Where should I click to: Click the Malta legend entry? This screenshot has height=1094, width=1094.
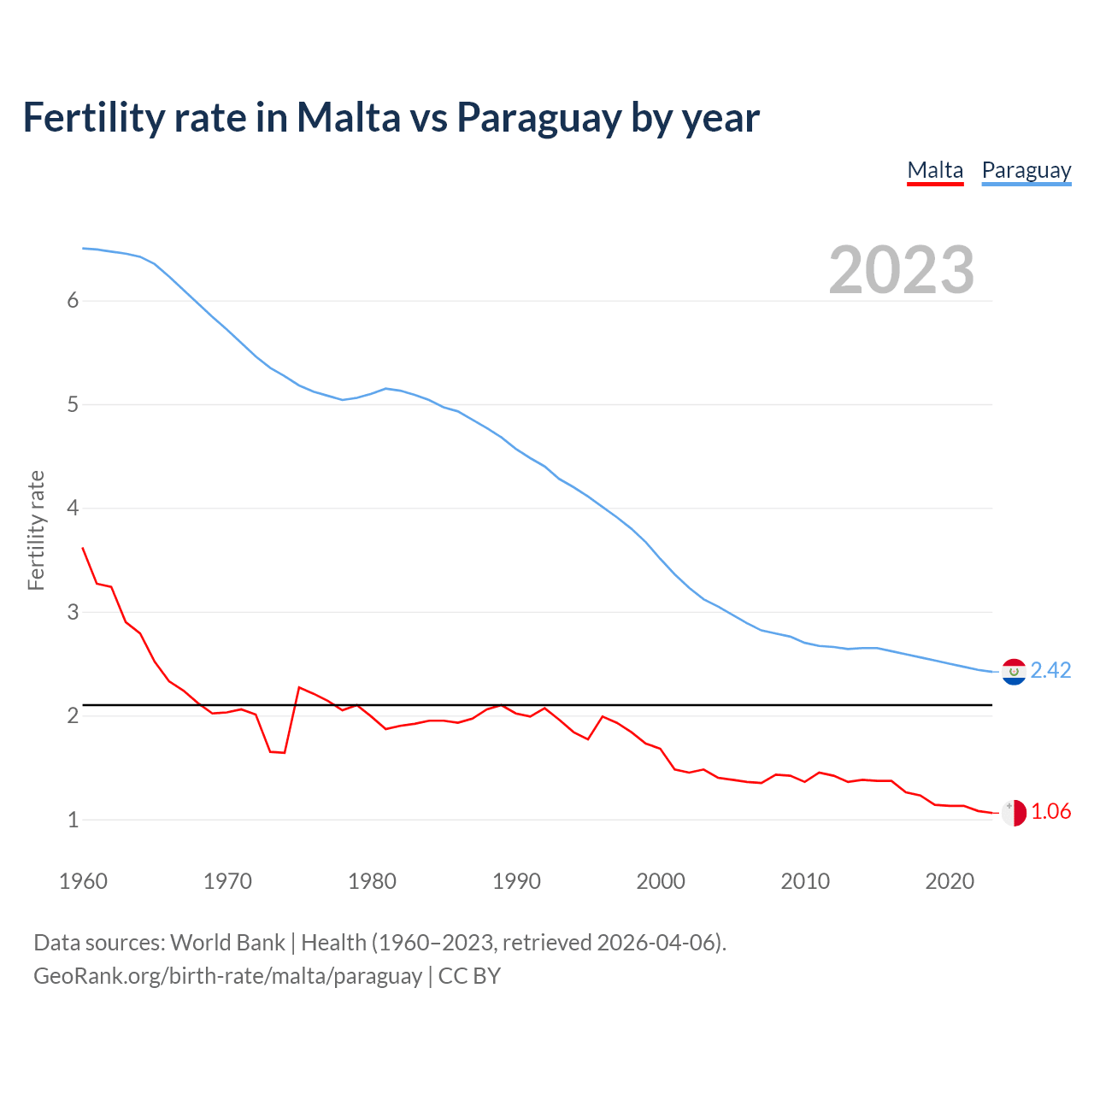pyautogui.click(x=935, y=170)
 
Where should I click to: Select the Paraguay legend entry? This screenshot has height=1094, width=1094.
pyautogui.click(x=1026, y=170)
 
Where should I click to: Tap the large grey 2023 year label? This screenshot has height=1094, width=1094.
pyautogui.click(x=901, y=270)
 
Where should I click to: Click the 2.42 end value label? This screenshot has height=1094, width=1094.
pyautogui.click(x=1050, y=670)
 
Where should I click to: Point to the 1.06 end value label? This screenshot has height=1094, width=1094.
pyautogui.click(x=1050, y=811)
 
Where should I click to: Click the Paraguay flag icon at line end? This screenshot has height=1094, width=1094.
pyautogui.click(x=1014, y=672)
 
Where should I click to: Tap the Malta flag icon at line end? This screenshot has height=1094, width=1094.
pyautogui.click(x=1014, y=813)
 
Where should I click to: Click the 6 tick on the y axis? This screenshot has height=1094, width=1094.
pyautogui.click(x=73, y=301)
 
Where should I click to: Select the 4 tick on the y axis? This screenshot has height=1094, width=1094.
pyautogui.click(x=73, y=509)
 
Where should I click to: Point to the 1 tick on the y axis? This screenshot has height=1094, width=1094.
pyautogui.click(x=73, y=820)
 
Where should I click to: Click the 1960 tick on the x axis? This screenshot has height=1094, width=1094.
pyautogui.click(x=83, y=881)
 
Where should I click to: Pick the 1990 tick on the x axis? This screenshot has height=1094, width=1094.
pyautogui.click(x=516, y=881)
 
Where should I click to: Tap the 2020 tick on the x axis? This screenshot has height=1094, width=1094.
pyautogui.click(x=950, y=881)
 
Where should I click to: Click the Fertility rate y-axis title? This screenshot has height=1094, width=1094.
pyautogui.click(x=36, y=530)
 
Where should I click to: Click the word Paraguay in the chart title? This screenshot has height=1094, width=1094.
pyautogui.click(x=538, y=118)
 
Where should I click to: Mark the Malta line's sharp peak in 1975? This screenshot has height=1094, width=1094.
pyautogui.click(x=299, y=687)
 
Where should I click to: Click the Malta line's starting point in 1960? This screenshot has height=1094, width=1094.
pyautogui.click(x=83, y=548)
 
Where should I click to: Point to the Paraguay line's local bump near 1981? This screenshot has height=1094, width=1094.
pyautogui.click(x=386, y=388)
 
